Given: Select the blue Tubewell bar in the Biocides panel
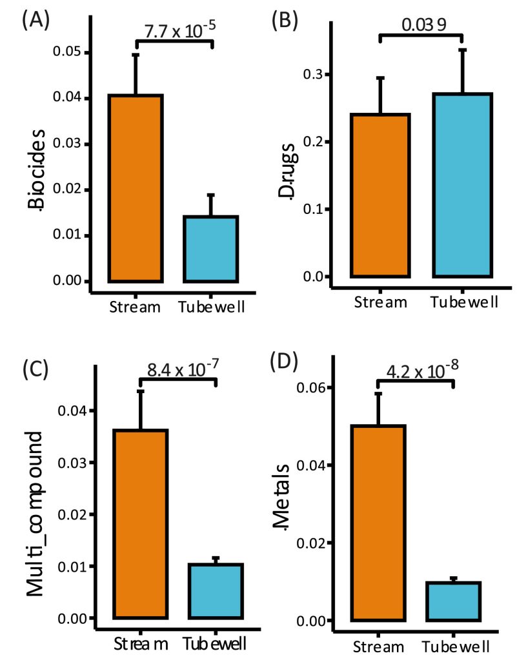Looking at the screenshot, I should coord(210,249).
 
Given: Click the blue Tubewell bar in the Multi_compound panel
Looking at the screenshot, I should coord(216,591).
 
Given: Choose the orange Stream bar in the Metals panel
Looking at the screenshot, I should coord(378,523).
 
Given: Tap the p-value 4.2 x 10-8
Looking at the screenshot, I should coord(420,373).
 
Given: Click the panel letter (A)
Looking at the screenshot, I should coord(34,19).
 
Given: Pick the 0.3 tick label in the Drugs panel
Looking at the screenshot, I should coord(312,75).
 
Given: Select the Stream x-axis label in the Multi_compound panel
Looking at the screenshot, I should coord(141,643).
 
